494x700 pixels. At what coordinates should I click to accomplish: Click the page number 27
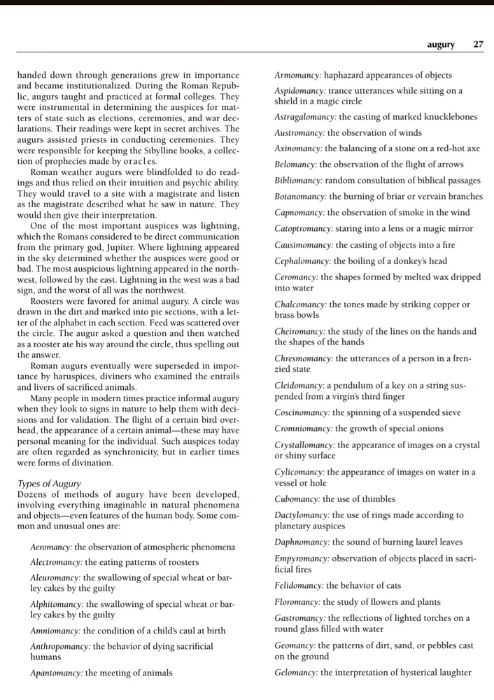[x=478, y=45]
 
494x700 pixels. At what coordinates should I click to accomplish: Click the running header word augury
[x=441, y=45]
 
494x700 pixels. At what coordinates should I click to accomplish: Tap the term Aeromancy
[x=51, y=547]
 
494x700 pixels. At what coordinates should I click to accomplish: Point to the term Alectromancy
[x=56, y=562]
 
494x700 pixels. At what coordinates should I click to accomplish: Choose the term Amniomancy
[x=55, y=631]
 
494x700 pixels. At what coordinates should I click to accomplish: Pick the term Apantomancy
[x=56, y=673]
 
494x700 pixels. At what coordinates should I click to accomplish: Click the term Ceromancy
[x=296, y=277]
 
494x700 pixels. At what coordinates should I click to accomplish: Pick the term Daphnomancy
[x=301, y=542]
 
